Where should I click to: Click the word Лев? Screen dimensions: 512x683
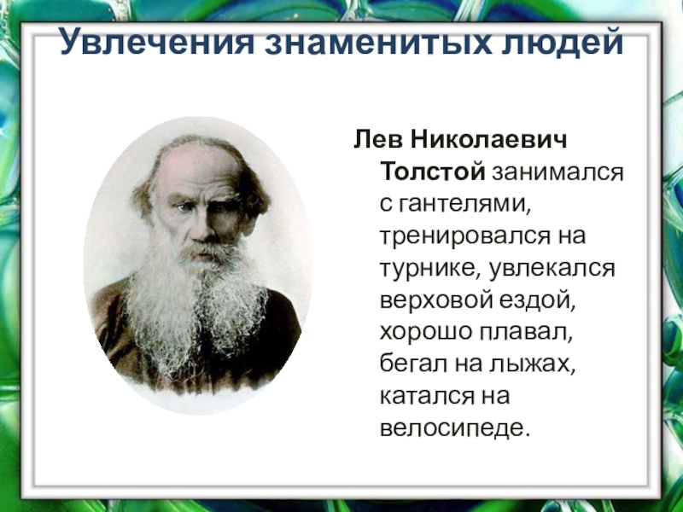coord(373,137)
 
